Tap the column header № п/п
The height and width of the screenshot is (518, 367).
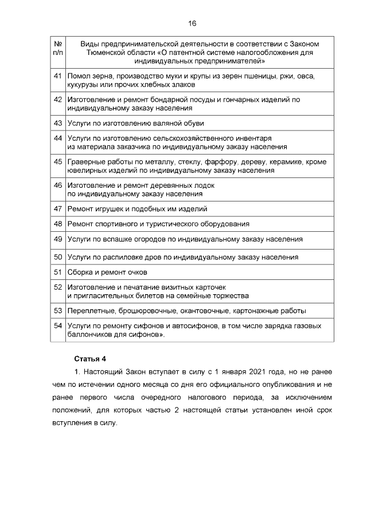[57, 48]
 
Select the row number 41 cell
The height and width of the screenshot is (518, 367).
[57, 76]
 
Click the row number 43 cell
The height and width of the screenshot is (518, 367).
[57, 123]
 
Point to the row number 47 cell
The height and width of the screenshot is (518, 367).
[57, 209]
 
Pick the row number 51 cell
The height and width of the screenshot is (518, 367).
[57, 272]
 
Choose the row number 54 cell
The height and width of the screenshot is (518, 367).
[57, 325]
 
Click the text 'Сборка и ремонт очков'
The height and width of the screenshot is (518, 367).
[107, 272]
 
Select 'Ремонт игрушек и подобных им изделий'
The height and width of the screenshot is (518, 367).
[137, 209]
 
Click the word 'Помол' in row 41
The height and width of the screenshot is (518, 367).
[79, 76]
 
